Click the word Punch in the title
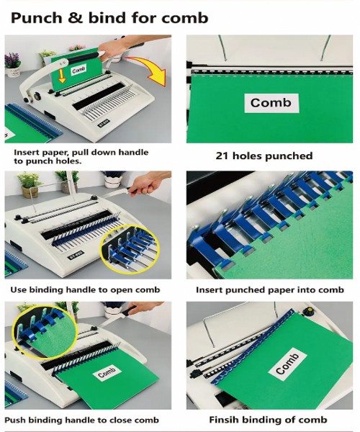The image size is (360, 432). [37, 19]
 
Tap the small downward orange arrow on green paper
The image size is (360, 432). [62, 76]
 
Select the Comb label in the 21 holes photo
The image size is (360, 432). [271, 103]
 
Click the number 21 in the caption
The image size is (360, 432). [222, 156]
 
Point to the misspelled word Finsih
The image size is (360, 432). [223, 420]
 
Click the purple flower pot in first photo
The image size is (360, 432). [13, 66]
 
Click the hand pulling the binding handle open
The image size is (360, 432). [148, 183]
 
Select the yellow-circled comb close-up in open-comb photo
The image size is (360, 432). [129, 250]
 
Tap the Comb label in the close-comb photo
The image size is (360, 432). [107, 372]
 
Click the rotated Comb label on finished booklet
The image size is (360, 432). [287, 364]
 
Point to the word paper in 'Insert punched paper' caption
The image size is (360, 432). [280, 290]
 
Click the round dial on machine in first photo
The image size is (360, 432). [37, 96]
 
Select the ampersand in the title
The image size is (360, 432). [75, 19]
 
